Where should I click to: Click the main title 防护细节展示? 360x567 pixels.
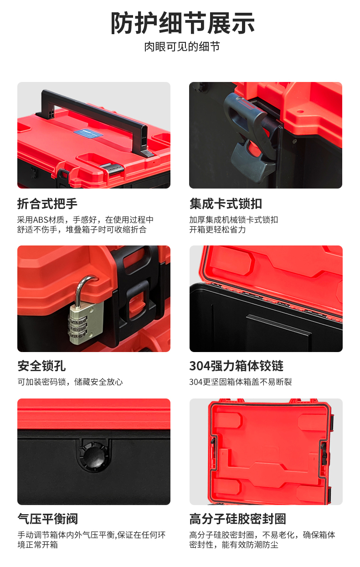click(183, 23)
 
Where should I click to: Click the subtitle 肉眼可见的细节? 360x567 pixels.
click(182, 47)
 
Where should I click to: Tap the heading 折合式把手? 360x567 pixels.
click(47, 204)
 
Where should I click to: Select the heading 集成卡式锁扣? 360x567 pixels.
click(226, 204)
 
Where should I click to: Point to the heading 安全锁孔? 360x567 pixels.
click(41, 366)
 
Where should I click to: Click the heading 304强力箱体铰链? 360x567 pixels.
click(237, 366)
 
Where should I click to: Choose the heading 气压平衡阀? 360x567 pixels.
click(48, 519)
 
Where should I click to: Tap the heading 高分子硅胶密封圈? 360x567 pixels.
click(237, 519)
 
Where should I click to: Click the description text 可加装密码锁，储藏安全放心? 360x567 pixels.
click(70, 382)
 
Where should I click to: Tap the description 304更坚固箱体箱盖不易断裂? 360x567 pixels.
click(241, 382)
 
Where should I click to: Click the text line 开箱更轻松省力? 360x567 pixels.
click(217, 230)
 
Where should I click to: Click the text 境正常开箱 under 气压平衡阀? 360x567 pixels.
click(37, 545)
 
